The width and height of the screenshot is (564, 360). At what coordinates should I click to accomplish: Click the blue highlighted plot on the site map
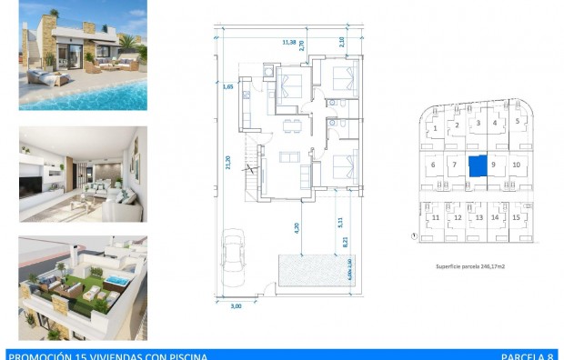click(x=477, y=165)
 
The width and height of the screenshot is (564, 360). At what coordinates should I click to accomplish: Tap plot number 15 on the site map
click(x=516, y=218)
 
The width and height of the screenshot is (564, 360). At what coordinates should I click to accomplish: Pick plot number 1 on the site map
click(x=436, y=128)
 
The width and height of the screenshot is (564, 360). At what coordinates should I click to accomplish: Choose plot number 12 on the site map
click(x=457, y=218)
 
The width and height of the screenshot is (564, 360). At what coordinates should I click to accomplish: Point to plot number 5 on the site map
click(x=518, y=121)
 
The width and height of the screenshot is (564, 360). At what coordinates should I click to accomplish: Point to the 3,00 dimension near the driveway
click(x=237, y=306)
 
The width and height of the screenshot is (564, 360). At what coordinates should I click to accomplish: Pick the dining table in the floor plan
click(x=290, y=125)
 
